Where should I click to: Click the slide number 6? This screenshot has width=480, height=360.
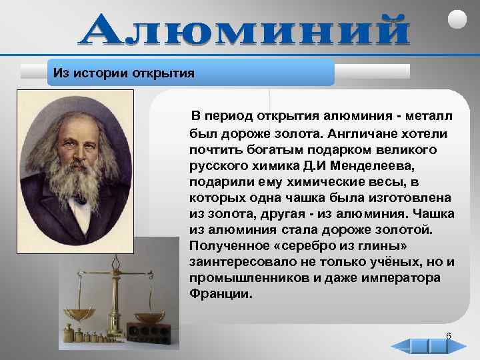pos(448,335)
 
